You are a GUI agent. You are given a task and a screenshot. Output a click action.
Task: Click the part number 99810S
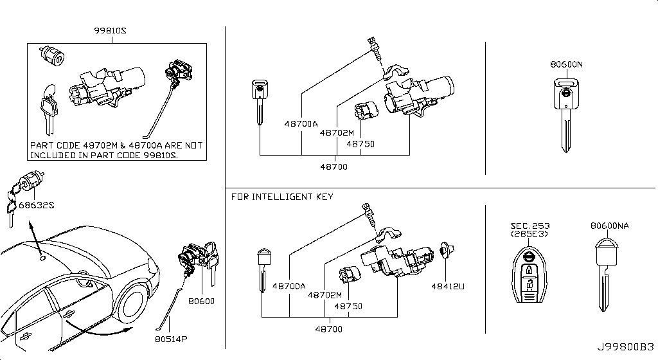point(110,31)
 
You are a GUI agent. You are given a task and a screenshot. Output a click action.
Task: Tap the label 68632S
point(37,205)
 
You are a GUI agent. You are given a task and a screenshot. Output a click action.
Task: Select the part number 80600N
point(567,64)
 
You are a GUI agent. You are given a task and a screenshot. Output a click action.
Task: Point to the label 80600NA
point(610,226)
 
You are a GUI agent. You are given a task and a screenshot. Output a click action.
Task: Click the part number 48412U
point(448,287)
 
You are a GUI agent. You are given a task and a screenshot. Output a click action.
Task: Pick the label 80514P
point(171,339)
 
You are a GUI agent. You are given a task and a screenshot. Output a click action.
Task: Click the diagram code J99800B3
point(626,347)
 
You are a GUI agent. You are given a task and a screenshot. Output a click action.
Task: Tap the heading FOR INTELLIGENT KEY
point(282,196)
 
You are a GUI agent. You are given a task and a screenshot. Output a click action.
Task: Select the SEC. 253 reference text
point(530,226)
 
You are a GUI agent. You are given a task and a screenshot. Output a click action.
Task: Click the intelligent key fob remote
point(529,276)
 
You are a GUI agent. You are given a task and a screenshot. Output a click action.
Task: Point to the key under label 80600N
point(566,113)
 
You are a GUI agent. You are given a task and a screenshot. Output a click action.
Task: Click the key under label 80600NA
point(606,275)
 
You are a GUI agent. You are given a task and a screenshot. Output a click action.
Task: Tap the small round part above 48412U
point(445,251)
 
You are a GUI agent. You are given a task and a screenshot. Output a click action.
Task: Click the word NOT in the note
point(193,145)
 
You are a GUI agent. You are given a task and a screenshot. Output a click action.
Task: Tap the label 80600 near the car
point(201,301)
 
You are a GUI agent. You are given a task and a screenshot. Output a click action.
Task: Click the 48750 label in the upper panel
point(360,144)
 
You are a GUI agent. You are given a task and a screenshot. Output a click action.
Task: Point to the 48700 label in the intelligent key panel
point(329,329)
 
